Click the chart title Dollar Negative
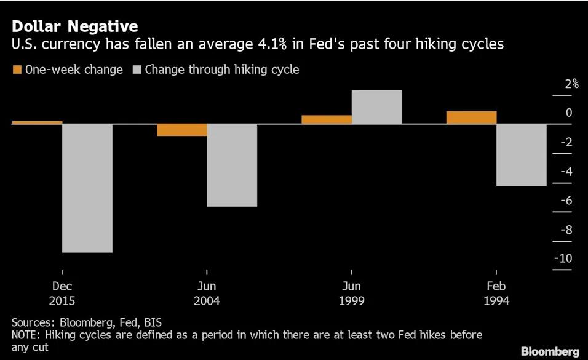click(74, 26)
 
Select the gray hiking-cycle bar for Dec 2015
click(87, 188)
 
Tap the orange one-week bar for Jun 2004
click(181, 129)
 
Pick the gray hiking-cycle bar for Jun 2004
click(232, 165)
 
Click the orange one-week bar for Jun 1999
click(327, 119)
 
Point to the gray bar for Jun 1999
click(376, 107)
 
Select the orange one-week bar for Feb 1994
click(471, 118)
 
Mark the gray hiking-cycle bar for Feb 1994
click(522, 154)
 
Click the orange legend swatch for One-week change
click(17, 70)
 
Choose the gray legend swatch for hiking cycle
click(137, 70)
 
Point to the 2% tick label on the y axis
click(572, 84)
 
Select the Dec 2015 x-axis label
click(62, 294)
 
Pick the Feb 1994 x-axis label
click(496, 294)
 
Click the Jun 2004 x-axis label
click(207, 294)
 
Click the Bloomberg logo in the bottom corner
click(550, 351)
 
